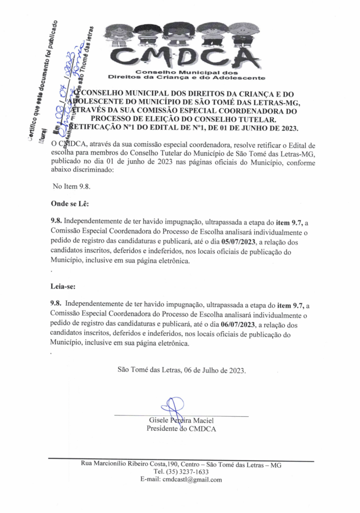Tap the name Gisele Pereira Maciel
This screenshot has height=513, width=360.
(182, 420)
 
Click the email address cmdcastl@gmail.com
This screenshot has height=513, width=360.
(191, 480)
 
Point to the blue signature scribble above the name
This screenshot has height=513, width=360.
(171, 405)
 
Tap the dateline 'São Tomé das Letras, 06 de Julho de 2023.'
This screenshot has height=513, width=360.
(182, 370)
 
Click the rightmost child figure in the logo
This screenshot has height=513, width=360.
(244, 34)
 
